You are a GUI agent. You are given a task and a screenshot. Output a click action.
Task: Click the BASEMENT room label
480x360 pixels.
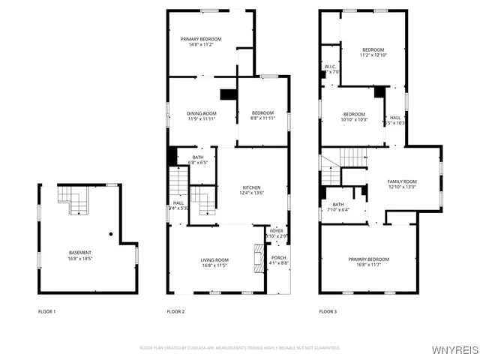click(x=81, y=252)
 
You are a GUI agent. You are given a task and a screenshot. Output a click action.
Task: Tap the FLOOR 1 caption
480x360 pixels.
click(x=47, y=311)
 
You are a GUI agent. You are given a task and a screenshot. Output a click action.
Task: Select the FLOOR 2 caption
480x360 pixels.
click(x=175, y=311)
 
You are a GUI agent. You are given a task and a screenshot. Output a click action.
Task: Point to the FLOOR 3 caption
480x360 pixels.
click(x=328, y=311)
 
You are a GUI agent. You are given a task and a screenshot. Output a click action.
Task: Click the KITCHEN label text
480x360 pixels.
click(x=251, y=187)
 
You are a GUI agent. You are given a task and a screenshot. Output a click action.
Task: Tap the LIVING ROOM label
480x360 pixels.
click(x=214, y=259)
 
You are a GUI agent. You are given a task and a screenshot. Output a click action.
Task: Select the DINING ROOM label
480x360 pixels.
click(x=202, y=113)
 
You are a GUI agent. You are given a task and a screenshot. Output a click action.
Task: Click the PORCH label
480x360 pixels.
click(x=278, y=257)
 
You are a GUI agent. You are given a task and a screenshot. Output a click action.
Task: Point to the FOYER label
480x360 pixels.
click(x=276, y=231)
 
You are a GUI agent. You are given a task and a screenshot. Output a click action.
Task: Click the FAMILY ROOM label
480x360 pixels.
click(x=402, y=181)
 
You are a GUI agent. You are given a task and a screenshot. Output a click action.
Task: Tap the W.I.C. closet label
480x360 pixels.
click(x=331, y=67)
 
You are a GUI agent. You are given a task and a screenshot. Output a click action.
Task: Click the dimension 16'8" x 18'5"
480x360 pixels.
click(x=81, y=258)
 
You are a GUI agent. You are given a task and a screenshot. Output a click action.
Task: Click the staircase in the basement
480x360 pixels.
click(x=73, y=200)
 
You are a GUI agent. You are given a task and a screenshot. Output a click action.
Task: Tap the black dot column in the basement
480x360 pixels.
click(x=110, y=234)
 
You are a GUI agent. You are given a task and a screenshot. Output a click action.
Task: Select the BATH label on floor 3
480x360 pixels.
click(x=338, y=204)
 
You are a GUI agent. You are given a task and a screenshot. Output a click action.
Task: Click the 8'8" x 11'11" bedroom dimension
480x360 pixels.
click(x=262, y=118)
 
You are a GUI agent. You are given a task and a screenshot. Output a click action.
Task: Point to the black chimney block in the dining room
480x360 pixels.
click(x=226, y=94)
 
